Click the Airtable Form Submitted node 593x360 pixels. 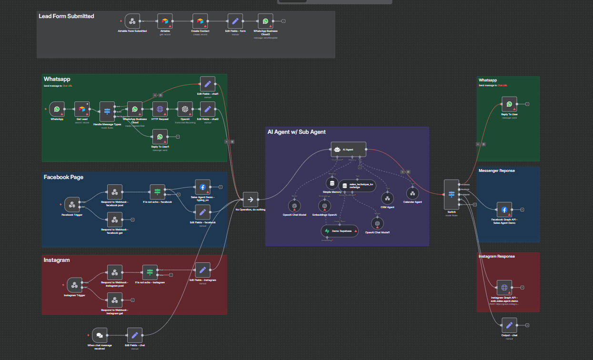pos(132,21)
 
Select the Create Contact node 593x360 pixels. pos(200,21)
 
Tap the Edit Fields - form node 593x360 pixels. pos(235,21)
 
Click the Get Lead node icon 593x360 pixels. pos(82,109)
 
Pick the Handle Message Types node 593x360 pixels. pos(107,111)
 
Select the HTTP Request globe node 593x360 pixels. pos(160,109)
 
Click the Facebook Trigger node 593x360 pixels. pos(72,205)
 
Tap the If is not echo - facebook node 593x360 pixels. pos(157,192)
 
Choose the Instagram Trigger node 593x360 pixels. pos(74,285)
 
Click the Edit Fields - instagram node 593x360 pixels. pos(202,270)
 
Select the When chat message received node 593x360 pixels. pos(99,335)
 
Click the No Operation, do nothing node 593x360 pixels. pos(250,200)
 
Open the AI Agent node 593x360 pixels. pos(349,150)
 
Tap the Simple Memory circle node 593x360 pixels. pos(333,183)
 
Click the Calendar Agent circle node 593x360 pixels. pos(412,193)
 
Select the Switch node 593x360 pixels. pos(451,194)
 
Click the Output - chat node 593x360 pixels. pos(509,326)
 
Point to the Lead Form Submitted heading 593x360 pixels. pos(66,16)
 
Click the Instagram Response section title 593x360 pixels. pos(496,256)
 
